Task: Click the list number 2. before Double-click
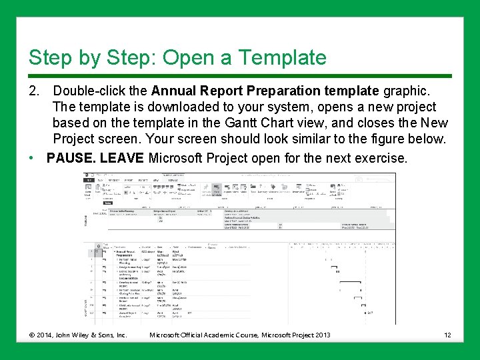click(x=34, y=90)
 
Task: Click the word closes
click(x=381, y=123)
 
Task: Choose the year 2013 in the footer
click(x=319, y=334)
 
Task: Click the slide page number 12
click(x=447, y=334)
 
